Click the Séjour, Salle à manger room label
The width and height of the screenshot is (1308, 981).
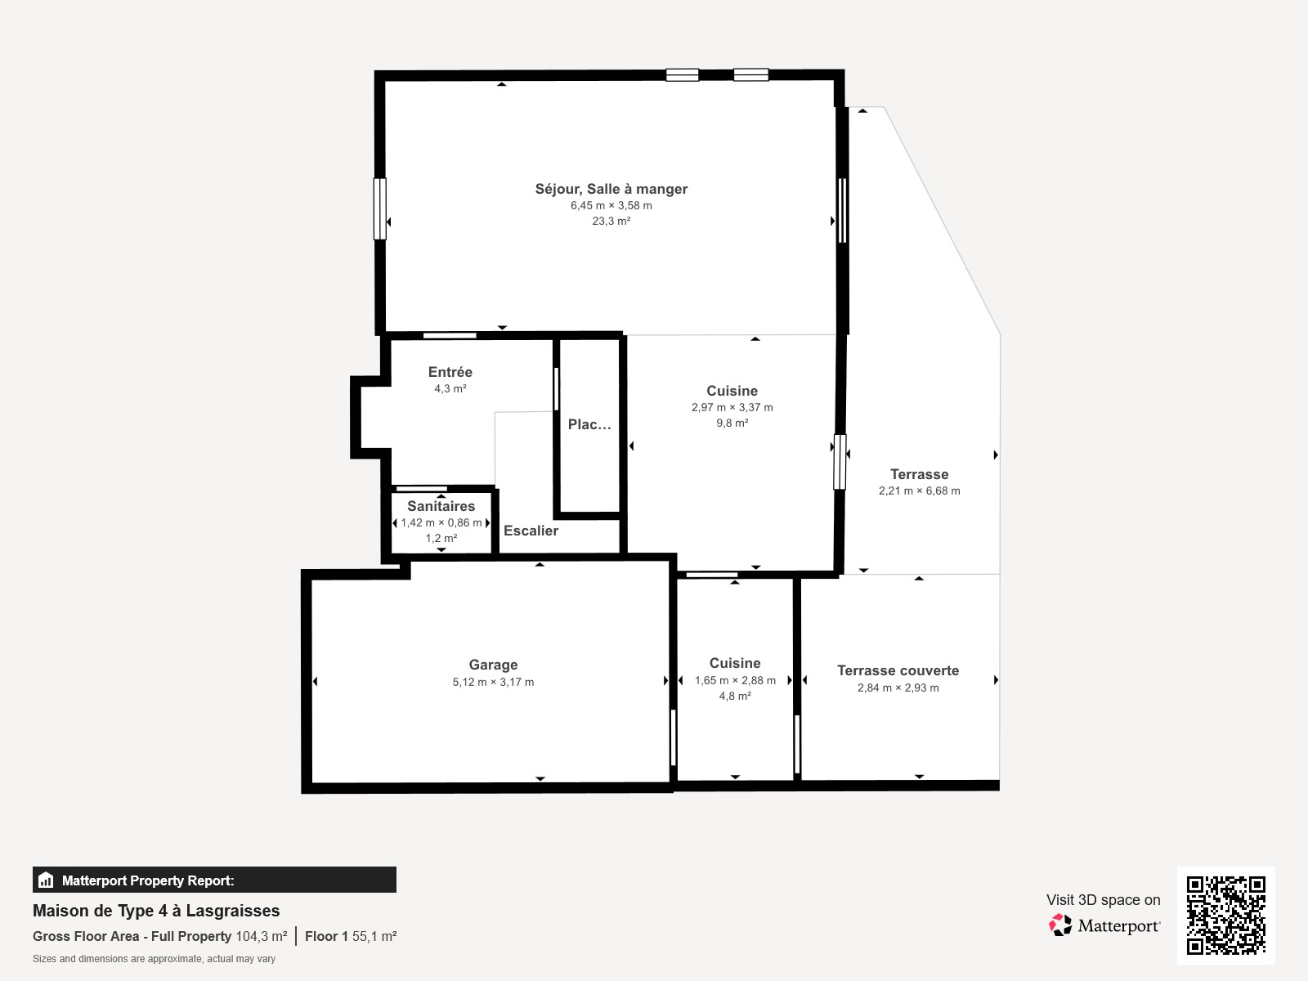point(611,189)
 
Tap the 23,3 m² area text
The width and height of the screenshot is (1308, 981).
point(611,221)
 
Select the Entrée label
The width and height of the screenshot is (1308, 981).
point(450,372)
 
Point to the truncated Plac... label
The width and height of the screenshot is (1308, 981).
point(589,424)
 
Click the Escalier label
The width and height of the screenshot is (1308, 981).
point(531,530)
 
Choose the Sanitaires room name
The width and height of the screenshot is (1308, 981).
point(441,506)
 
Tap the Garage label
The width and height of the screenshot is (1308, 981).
point(493,664)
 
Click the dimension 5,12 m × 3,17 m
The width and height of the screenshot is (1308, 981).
point(493,682)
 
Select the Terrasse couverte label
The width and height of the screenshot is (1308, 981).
point(898,670)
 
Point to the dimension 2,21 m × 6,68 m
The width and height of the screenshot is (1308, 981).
point(919,490)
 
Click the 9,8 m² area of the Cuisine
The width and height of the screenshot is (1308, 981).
point(732,423)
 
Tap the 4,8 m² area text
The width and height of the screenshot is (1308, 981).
point(735,696)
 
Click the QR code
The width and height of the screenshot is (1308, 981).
point(1225,916)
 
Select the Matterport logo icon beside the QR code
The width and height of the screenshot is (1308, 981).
point(1060,925)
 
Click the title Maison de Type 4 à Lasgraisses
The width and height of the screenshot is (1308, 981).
point(156,910)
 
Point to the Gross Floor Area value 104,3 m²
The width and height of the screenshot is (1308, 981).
point(261,936)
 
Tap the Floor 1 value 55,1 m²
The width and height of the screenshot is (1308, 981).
point(374,936)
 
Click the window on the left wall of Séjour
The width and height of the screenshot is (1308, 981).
point(379,208)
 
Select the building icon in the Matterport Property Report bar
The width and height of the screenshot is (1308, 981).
point(46,880)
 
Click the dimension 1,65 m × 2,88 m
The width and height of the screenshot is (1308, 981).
point(735,680)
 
